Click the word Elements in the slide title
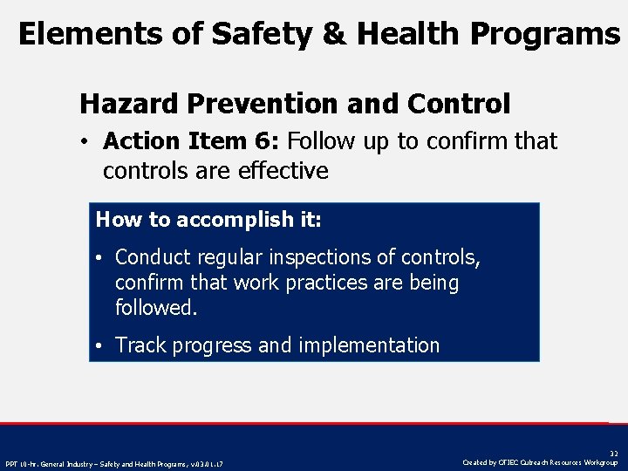pos(72,34)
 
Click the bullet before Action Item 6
pos(87,141)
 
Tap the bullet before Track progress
pos(101,345)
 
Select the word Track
pos(140,345)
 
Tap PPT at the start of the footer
pos(11,463)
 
